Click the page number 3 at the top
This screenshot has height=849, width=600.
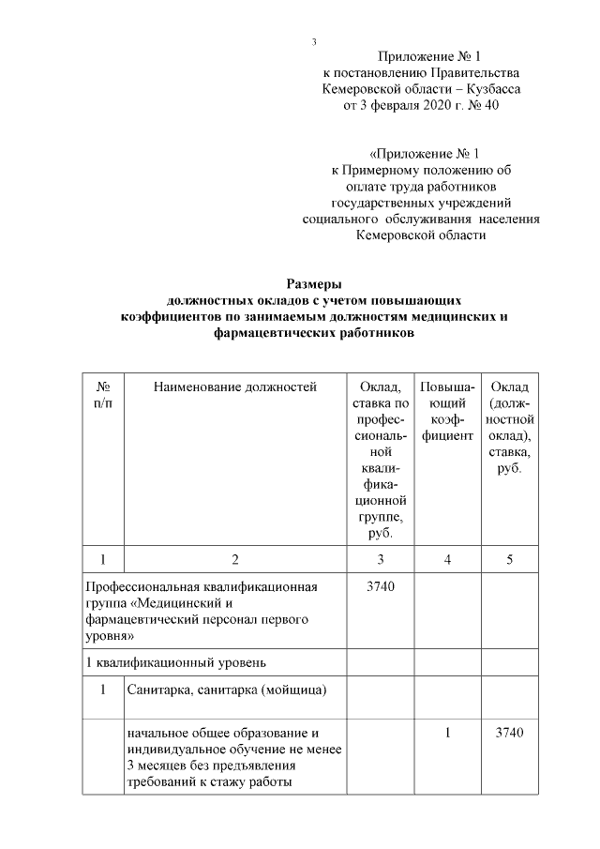[315, 42]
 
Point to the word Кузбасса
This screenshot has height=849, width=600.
[488, 88]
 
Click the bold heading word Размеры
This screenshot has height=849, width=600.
[314, 283]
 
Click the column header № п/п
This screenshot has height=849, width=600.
[104, 395]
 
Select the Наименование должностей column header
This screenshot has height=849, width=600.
[235, 387]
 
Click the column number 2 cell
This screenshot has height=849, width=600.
[235, 560]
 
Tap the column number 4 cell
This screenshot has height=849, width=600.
[448, 560]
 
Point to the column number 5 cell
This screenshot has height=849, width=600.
[509, 560]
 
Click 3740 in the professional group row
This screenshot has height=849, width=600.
[380, 587]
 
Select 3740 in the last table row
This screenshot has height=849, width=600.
[509, 733]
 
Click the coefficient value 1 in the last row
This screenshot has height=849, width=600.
[448, 733]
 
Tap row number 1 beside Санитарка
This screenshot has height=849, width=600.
[104, 691]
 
